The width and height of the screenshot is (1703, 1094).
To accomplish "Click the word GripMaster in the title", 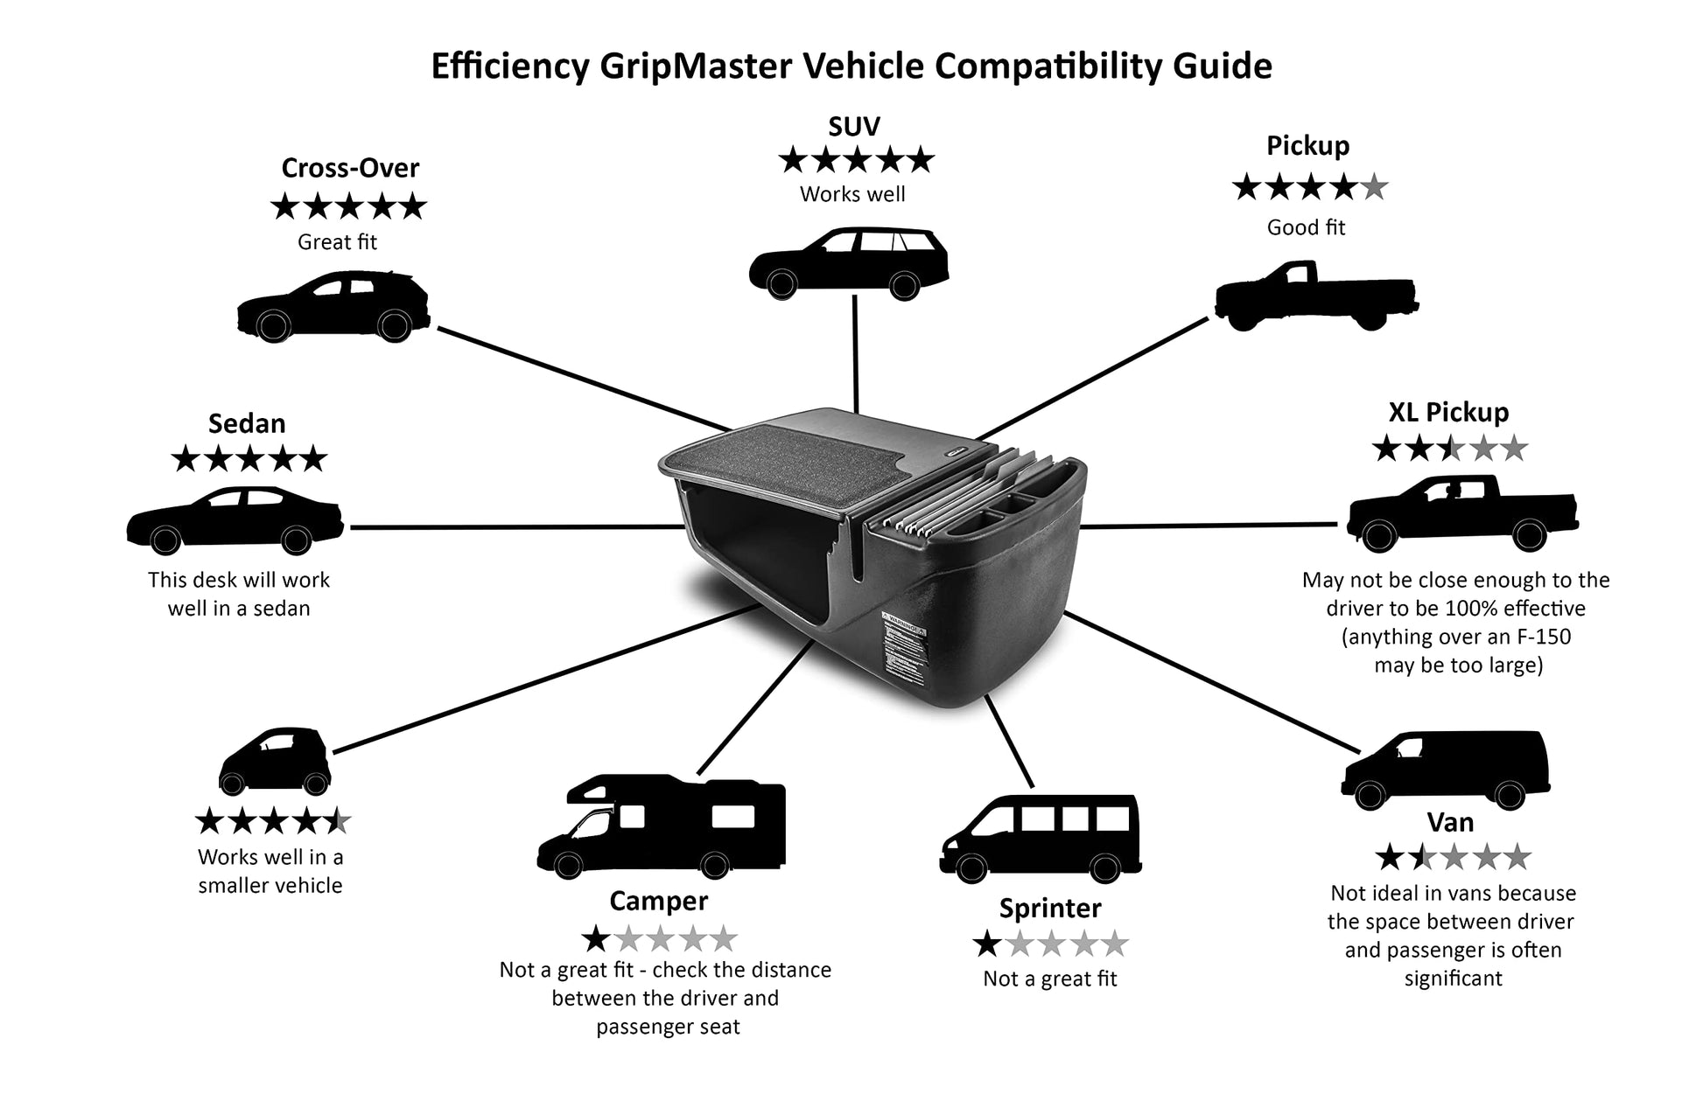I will pyautogui.click(x=697, y=66).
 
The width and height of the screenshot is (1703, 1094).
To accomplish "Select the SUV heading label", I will pyautogui.click(x=853, y=127).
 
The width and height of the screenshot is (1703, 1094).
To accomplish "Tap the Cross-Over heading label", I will pyautogui.click(x=350, y=167).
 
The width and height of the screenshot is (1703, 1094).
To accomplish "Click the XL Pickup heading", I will pyautogui.click(x=1448, y=412).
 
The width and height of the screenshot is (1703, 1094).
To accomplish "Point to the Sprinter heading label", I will pyautogui.click(x=1050, y=908).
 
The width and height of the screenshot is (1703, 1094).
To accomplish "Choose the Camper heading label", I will pyautogui.click(x=658, y=901).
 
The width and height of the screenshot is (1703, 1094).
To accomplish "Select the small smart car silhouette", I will pyautogui.click(x=274, y=760).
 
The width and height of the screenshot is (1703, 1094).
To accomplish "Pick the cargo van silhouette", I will pyautogui.click(x=1445, y=768).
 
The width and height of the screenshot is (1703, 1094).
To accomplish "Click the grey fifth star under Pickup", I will pyautogui.click(x=1375, y=187).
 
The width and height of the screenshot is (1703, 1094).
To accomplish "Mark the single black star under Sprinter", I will pyautogui.click(x=987, y=944).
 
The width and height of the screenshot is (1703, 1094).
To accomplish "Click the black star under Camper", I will pyautogui.click(x=596, y=939).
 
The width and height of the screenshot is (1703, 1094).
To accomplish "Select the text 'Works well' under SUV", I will pyautogui.click(x=852, y=194).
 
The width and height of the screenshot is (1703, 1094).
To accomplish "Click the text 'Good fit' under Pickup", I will pyautogui.click(x=1306, y=227).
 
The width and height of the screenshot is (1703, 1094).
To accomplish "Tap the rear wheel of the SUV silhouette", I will pyautogui.click(x=904, y=284).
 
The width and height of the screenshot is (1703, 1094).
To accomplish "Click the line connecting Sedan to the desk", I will pyautogui.click(x=516, y=527).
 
